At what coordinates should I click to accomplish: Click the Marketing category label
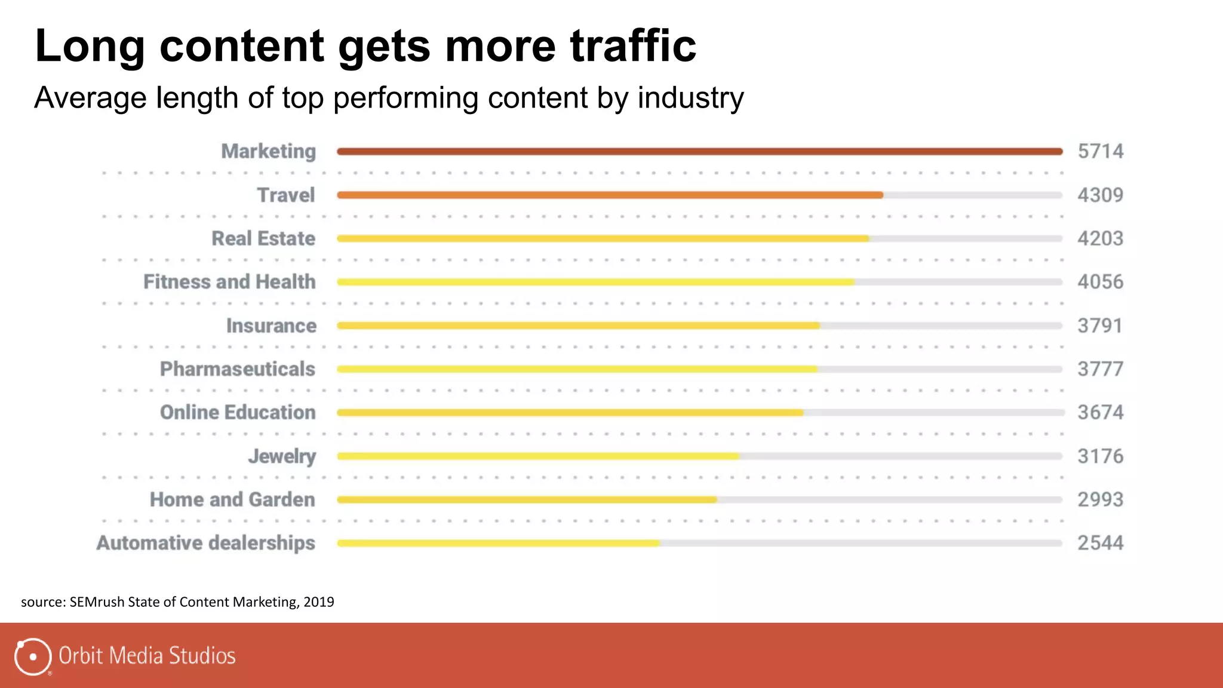268,151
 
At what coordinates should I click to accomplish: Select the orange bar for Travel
609,195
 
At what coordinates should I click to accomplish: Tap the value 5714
1100,151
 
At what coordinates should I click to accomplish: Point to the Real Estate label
263,238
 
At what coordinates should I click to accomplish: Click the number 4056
1100,281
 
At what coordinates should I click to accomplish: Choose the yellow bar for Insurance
578,325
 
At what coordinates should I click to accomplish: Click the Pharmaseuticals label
237,369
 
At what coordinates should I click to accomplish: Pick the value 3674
1100,412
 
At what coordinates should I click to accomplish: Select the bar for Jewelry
537,456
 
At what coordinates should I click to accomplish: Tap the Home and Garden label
232,499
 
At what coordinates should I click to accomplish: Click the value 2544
1100,543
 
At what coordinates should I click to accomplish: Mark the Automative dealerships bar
499,543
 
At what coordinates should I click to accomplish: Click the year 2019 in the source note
318,601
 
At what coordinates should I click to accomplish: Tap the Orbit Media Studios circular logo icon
32,656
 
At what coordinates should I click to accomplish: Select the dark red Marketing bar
699,151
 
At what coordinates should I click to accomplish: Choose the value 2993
1100,499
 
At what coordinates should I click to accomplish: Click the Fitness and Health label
229,281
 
